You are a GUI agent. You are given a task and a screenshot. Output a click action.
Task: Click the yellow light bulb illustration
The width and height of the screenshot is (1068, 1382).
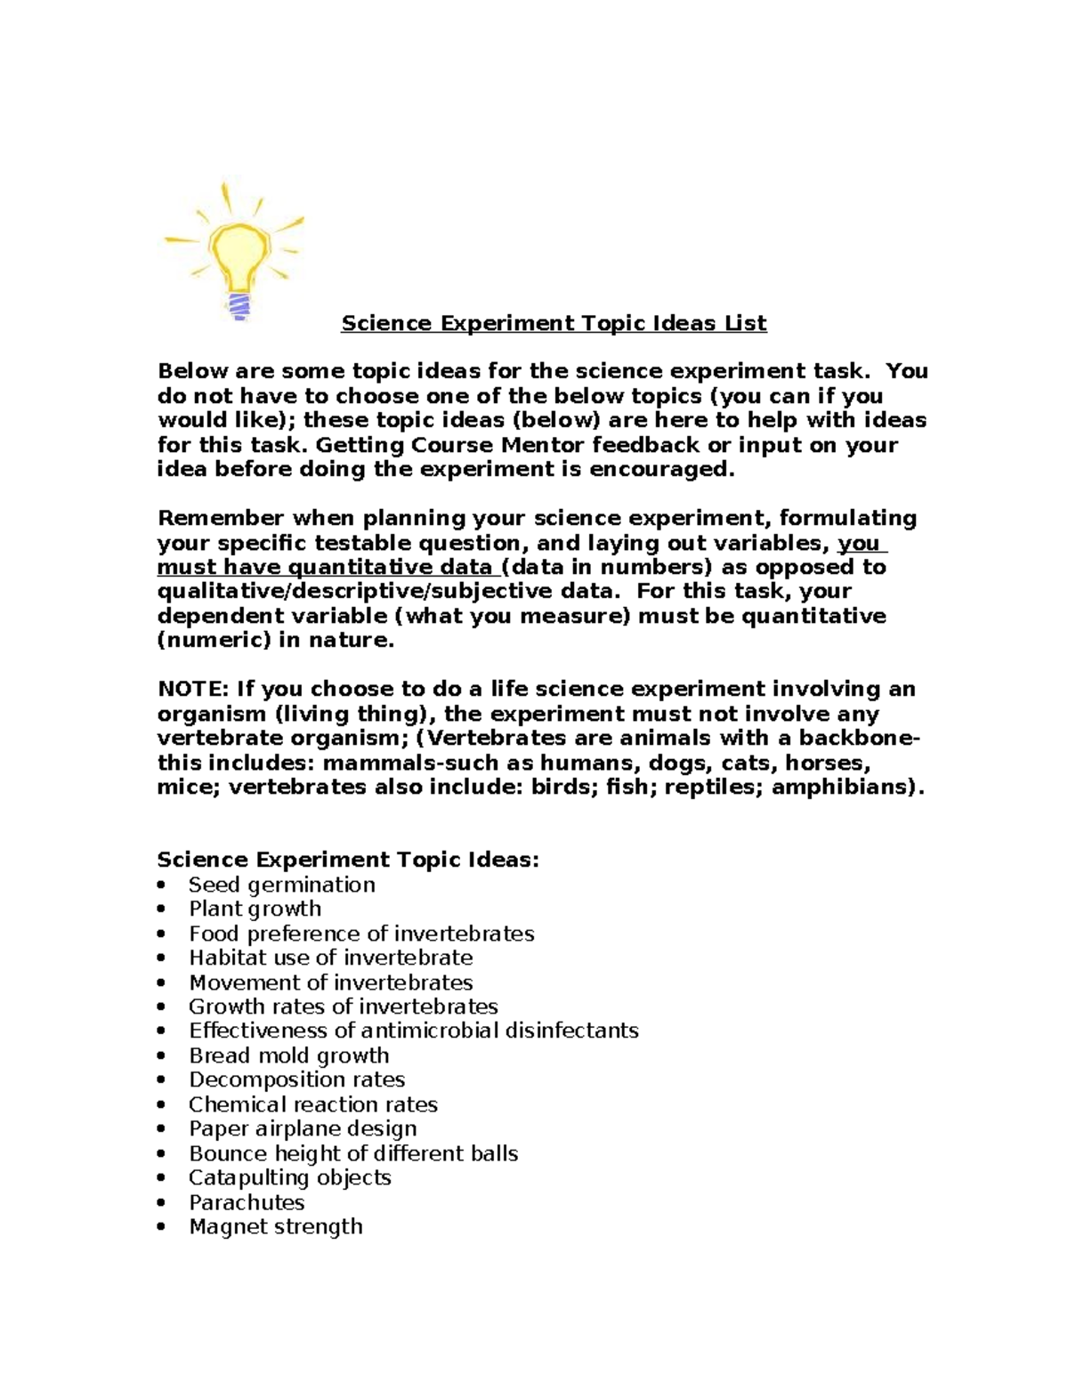(x=236, y=249)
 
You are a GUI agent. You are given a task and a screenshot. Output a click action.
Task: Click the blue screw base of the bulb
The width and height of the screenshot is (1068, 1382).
(x=239, y=305)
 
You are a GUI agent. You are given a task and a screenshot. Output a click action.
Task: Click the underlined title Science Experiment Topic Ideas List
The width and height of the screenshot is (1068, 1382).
(x=554, y=323)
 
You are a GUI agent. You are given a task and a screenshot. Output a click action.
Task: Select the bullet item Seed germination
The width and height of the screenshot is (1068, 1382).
(x=281, y=885)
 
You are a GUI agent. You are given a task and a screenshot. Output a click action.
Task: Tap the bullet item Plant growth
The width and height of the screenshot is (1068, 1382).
(x=255, y=909)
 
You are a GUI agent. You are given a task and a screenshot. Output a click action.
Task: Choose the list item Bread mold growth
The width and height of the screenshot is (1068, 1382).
(x=288, y=1055)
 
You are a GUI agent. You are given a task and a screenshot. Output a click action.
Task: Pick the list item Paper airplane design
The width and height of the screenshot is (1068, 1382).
(x=303, y=1128)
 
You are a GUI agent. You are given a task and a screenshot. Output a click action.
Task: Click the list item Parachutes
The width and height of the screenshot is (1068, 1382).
(x=247, y=1202)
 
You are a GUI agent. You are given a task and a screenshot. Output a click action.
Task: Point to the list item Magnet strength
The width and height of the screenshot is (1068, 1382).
(x=275, y=1226)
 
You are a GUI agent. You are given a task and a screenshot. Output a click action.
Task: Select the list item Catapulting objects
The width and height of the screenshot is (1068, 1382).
(x=289, y=1177)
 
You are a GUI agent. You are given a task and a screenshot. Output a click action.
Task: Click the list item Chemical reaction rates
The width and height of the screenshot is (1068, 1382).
(x=312, y=1104)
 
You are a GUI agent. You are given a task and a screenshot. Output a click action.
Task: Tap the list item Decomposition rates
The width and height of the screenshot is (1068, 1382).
(x=296, y=1079)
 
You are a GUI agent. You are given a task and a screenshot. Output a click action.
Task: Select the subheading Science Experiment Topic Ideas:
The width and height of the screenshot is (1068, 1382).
(x=348, y=860)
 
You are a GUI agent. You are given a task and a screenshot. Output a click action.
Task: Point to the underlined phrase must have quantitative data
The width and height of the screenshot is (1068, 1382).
(x=325, y=568)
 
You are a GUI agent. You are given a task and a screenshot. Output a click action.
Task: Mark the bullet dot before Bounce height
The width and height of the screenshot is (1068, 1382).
(x=161, y=1153)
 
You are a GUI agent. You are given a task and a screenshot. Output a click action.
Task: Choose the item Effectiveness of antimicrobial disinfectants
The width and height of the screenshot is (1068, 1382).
(x=413, y=1030)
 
